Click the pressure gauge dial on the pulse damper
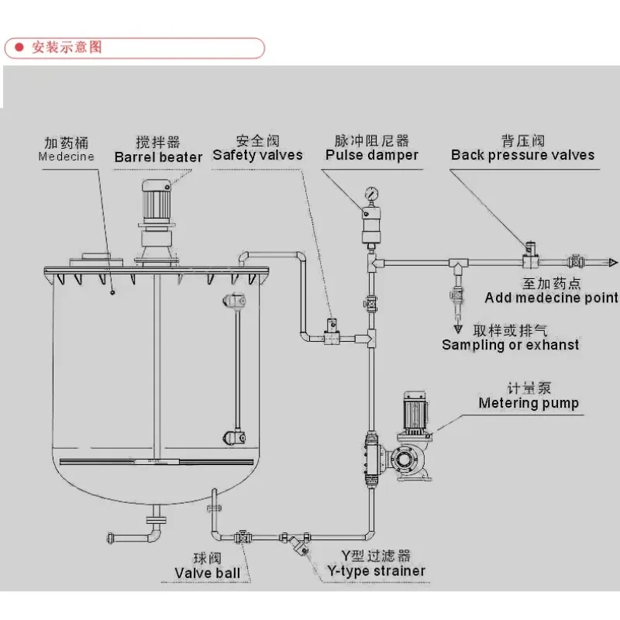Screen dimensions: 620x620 pyautogui.click(x=372, y=195)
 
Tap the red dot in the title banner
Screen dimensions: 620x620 pyautogui.click(x=19, y=47)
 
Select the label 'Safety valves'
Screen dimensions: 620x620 pyautogui.click(x=258, y=156)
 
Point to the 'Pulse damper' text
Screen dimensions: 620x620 pyautogui.click(x=372, y=156)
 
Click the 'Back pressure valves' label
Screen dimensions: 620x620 pyautogui.click(x=522, y=155)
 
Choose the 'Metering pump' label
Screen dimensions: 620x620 pyautogui.click(x=529, y=403)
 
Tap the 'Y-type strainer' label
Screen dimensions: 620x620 pyautogui.click(x=376, y=571)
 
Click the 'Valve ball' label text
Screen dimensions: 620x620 pyautogui.click(x=207, y=573)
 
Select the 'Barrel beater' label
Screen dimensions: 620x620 pyautogui.click(x=158, y=157)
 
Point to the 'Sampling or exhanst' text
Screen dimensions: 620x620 pyautogui.click(x=510, y=345)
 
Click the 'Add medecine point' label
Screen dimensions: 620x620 pyautogui.click(x=551, y=298)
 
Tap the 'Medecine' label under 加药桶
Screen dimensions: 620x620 pyautogui.click(x=66, y=157)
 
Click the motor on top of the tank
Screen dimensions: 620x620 pyautogui.click(x=157, y=201)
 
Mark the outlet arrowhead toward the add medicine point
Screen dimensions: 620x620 pyautogui.click(x=613, y=263)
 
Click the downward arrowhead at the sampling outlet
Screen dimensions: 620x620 pyautogui.click(x=458, y=329)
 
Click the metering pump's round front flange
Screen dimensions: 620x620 pyautogui.click(x=403, y=460)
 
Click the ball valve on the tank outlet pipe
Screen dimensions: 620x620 pyautogui.click(x=243, y=537)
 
